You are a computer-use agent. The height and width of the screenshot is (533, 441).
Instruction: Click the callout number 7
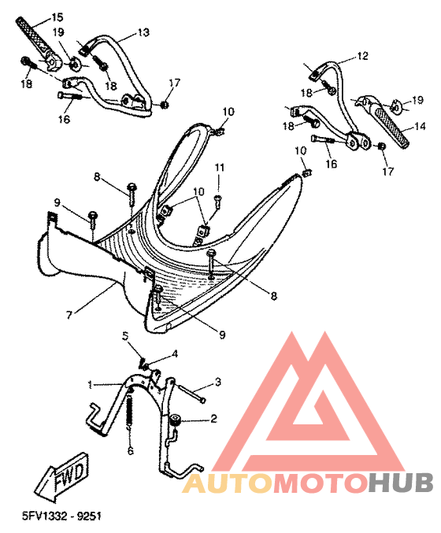pos(69,315)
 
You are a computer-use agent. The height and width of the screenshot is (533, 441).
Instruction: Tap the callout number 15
pos(57,17)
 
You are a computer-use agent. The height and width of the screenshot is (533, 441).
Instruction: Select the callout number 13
pos(143,32)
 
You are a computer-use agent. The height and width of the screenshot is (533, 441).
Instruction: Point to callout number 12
pos(363,56)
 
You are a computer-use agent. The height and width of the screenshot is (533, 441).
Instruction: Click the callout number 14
pos(420,127)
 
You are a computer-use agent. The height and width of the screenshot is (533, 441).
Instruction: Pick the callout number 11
pos(219,168)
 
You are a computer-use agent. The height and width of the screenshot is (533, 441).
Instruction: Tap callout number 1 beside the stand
pos(90,385)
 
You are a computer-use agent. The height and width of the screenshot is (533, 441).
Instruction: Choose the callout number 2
pos(213,418)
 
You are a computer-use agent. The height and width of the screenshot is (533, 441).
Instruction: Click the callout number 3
pos(218,382)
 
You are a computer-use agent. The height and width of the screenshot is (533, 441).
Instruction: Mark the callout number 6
pos(130,451)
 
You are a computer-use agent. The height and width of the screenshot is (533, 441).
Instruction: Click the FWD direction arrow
pos(61,475)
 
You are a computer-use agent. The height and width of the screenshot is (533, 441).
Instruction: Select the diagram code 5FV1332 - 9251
pos(61,516)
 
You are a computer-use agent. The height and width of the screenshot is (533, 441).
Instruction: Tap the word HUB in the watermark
pos(401,483)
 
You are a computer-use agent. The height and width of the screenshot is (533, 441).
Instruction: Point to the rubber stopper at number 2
pos(176,420)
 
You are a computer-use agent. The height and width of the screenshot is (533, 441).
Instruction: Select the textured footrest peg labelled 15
pos(34,38)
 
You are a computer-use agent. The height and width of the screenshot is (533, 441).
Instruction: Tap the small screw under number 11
pos(217,201)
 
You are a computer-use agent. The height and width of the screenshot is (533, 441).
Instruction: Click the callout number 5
pos(125,336)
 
